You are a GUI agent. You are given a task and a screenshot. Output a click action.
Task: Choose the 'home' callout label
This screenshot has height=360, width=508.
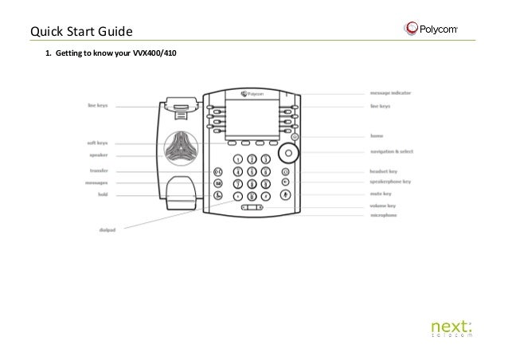click(377, 136)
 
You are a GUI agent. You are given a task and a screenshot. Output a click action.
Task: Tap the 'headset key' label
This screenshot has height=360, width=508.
click(385, 171)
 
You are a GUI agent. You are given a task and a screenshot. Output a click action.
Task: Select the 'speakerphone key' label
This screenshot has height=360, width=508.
click(390, 182)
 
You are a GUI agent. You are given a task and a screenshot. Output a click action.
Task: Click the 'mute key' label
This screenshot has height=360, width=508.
click(381, 194)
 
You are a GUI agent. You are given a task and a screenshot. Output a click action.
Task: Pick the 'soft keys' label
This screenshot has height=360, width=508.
click(98, 143)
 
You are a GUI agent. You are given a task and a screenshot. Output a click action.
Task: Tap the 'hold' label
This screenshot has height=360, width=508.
click(103, 194)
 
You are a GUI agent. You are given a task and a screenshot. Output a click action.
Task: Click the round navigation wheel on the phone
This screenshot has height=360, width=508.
click(286, 151)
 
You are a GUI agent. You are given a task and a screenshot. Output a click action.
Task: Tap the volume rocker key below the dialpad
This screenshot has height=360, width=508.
click(252, 208)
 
